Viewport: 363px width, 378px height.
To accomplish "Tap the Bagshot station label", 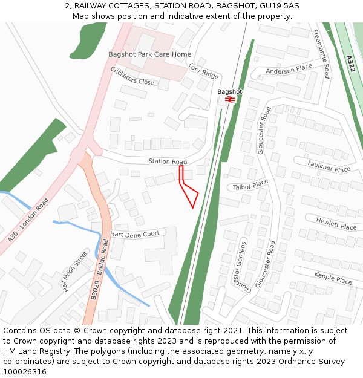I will (x=229, y=92).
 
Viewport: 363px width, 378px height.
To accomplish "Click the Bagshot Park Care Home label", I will (x=149, y=54).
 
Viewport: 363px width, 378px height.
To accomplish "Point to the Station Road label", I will (x=168, y=161).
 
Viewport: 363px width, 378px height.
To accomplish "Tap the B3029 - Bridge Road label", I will (x=99, y=269).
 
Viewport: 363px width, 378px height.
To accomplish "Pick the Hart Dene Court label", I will (x=135, y=233).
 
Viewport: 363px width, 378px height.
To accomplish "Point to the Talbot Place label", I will (x=250, y=184).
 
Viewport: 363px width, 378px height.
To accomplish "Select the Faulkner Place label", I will (x=329, y=166).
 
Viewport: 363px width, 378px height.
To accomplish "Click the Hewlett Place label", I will (x=336, y=224).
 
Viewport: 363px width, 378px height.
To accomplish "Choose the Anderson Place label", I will (x=289, y=70).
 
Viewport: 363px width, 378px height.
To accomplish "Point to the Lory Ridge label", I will (x=203, y=71).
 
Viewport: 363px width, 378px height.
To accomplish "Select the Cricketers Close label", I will (x=132, y=76).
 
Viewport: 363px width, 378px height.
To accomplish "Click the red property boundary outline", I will (x=189, y=192).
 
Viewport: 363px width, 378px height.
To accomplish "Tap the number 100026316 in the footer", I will (x=25, y=372).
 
